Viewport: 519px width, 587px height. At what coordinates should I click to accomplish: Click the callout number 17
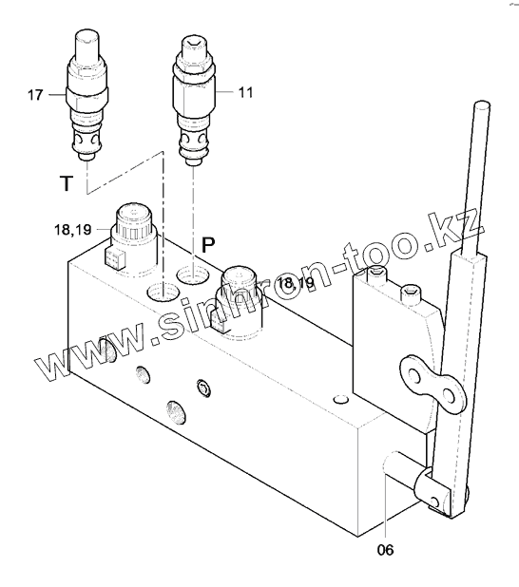[x=35, y=95]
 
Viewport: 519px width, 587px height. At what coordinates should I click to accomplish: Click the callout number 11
[x=245, y=92]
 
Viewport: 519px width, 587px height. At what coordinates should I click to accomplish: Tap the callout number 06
[x=386, y=550]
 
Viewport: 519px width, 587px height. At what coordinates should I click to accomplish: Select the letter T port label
[x=66, y=183]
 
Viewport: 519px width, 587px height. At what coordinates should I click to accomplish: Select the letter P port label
[x=208, y=245]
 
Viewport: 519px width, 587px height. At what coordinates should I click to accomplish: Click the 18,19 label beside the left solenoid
[x=72, y=230]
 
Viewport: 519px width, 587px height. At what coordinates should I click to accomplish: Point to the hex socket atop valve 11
[x=194, y=45]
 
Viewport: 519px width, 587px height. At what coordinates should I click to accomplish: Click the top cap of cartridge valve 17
[x=87, y=39]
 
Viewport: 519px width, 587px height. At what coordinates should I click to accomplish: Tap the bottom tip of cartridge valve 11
[x=193, y=161]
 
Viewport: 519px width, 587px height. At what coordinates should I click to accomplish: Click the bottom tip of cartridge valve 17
[x=86, y=158]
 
